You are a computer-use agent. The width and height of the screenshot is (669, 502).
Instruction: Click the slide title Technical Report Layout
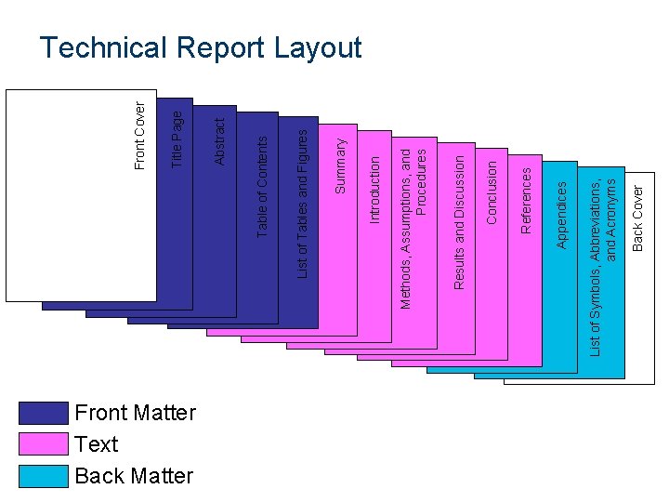201,47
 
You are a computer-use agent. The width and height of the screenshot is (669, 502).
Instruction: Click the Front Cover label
139,136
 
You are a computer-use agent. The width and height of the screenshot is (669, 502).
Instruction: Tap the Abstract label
219,140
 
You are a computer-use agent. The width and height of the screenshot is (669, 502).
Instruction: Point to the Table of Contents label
262,186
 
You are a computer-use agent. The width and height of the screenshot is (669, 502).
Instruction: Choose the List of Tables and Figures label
302,203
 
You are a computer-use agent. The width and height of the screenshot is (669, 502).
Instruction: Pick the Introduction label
374,189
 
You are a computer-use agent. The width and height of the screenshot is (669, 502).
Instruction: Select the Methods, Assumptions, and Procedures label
413,223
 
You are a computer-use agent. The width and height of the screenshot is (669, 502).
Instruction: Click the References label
527,200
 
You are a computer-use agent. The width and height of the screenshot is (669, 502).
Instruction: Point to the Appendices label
561,215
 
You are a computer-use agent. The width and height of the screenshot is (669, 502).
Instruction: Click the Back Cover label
637,218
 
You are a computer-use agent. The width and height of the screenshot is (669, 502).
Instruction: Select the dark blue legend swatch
44,413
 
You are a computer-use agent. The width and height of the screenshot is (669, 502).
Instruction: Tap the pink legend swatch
44,444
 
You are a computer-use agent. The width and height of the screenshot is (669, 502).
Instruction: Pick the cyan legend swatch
44,476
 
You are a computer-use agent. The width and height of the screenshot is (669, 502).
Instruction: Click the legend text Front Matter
135,413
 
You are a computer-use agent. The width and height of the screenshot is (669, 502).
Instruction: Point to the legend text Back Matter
134,476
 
